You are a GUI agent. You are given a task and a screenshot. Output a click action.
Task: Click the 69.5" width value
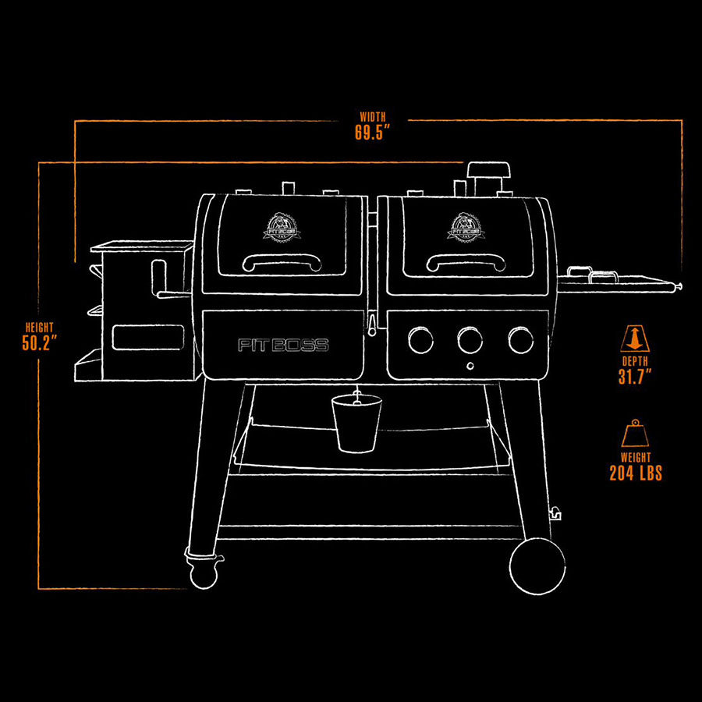[372, 133]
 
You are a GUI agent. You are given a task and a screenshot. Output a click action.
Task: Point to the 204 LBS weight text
[636, 473]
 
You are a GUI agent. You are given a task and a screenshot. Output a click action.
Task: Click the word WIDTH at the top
[373, 117]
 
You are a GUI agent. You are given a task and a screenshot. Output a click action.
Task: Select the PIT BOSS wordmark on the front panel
[283, 346]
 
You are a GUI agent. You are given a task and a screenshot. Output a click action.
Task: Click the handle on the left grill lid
[282, 263]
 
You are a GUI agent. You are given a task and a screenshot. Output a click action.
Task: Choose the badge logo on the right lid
[465, 227]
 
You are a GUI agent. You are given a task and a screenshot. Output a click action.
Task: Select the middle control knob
[470, 339]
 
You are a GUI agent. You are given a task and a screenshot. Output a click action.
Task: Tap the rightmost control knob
[520, 339]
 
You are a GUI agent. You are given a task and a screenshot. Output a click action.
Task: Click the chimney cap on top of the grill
[487, 172]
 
